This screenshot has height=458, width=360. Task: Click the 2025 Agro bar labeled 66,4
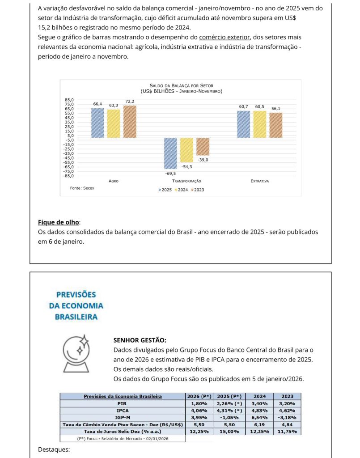pyautogui.click(x=97, y=123)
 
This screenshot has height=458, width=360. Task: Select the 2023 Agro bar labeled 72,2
pyautogui.click(x=130, y=121)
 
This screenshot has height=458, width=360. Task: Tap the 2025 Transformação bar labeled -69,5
pyautogui.click(x=170, y=153)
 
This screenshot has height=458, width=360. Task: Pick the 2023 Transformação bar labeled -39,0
pyautogui.click(x=203, y=146)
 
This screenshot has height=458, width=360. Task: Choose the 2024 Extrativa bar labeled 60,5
pyautogui.click(x=259, y=124)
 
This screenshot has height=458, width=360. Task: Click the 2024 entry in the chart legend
pyautogui.click(x=181, y=190)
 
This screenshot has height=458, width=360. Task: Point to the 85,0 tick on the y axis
pyautogui.click(x=70, y=100)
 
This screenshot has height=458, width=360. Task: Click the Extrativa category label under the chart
pyautogui.click(x=259, y=181)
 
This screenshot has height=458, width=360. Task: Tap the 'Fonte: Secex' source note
pyautogui.click(x=82, y=188)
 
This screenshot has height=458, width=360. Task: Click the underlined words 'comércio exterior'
pyautogui.click(x=224, y=37)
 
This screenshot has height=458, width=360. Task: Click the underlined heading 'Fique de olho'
pyautogui.click(x=58, y=222)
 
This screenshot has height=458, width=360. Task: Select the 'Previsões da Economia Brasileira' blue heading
pyautogui.click(x=76, y=306)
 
